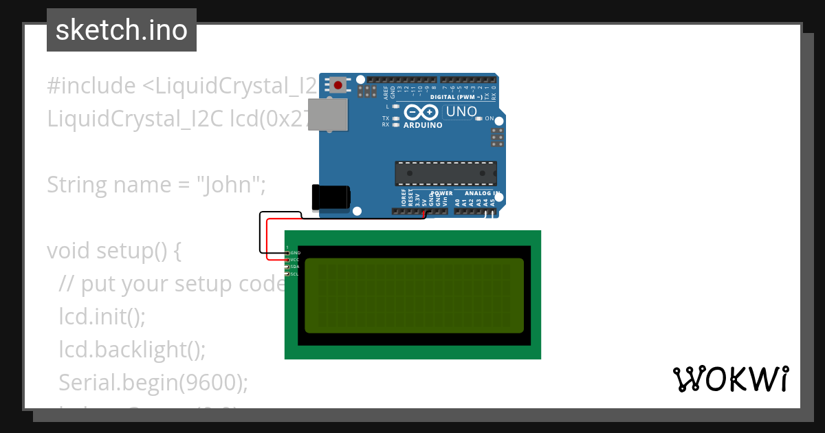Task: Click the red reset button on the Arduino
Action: click(x=338, y=85)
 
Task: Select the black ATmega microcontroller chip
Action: click(x=445, y=173)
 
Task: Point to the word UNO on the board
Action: click(x=461, y=111)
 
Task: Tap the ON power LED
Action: click(x=479, y=119)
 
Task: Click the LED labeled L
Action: click(x=396, y=107)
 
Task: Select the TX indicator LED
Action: click(x=396, y=118)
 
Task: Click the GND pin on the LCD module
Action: click(x=288, y=253)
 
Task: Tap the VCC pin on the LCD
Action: click(x=288, y=260)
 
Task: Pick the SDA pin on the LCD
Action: click(x=288, y=267)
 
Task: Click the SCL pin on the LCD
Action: click(x=288, y=274)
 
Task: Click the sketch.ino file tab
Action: click(x=122, y=30)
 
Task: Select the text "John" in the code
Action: click(x=226, y=184)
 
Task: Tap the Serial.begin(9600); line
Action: click(x=153, y=382)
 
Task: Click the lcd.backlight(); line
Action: click(x=132, y=349)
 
